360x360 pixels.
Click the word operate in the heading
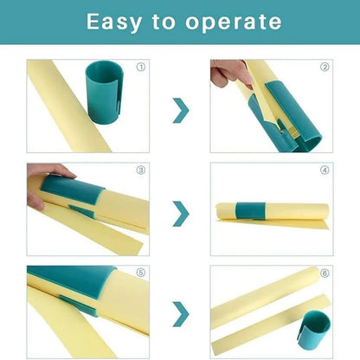coord(235,22)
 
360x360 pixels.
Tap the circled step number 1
coord(141,67)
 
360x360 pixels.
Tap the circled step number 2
coord(325,67)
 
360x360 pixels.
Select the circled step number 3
coord(141,170)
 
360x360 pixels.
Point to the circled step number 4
coord(325,170)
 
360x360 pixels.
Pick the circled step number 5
coord(141,273)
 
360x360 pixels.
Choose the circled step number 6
coord(325,273)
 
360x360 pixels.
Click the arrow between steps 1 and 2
coord(180,110)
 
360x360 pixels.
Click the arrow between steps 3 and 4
coord(180,213)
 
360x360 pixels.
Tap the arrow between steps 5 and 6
coord(180,313)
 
